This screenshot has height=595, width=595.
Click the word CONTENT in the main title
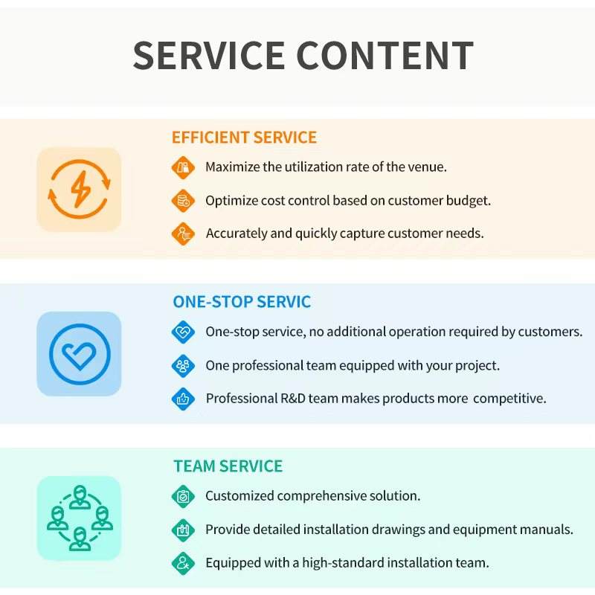[385, 56]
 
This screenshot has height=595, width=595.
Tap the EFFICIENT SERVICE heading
[244, 138]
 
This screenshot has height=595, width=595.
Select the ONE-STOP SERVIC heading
[242, 302]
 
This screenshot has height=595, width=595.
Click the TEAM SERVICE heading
[228, 466]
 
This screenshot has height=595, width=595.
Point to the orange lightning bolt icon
[80, 189]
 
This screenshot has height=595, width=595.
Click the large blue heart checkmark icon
[80, 354]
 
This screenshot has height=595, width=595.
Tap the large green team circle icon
[80, 518]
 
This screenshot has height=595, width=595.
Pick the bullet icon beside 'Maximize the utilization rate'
[183, 167]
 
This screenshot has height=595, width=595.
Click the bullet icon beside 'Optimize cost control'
[183, 200]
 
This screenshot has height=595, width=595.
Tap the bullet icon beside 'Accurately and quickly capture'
[183, 233]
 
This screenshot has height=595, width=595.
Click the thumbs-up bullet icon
[183, 398]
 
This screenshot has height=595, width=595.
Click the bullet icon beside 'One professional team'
[183, 365]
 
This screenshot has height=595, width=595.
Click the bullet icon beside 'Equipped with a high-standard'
[183, 562]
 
